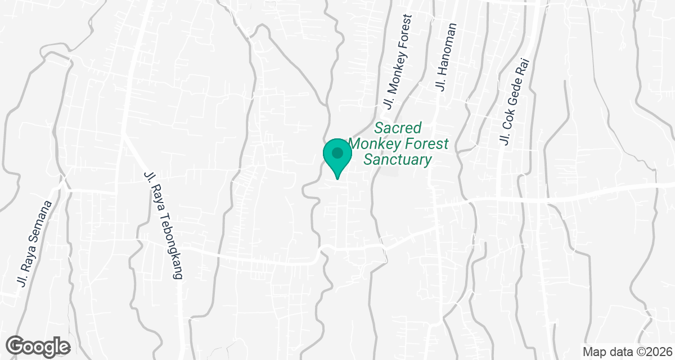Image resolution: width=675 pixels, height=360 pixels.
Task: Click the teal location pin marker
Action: [x=337, y=156]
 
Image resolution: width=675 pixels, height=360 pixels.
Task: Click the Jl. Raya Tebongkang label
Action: [x=164, y=225]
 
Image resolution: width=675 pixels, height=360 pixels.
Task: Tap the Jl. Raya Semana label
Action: [x=35, y=244]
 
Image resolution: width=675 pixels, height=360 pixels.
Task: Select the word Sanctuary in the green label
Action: [x=398, y=160]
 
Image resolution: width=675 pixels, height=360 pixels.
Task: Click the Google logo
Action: [x=38, y=346]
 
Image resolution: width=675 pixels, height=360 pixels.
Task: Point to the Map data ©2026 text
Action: [x=627, y=352]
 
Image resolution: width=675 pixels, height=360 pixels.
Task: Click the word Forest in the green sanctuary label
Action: [x=427, y=144]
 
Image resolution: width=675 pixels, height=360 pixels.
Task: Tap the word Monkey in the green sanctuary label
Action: [x=375, y=144]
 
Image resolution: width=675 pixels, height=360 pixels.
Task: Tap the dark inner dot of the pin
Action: [x=337, y=152]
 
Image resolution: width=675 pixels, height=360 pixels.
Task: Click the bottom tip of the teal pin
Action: [x=337, y=178]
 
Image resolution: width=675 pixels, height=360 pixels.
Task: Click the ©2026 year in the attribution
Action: [x=649, y=352]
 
